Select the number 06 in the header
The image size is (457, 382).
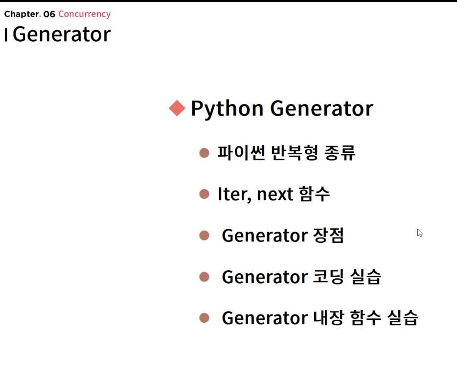coord(49,14)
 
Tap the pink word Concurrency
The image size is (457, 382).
coord(84,14)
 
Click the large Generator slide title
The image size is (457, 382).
coord(62,35)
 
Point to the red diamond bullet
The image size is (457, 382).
coord(177,108)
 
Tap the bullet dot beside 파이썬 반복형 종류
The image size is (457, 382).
coord(204,153)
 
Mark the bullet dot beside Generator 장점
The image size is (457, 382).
coord(204,236)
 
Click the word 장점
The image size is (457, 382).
coord(328,236)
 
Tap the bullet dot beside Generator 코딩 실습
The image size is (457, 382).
coord(204,277)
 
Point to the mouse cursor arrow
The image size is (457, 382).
coord(419,233)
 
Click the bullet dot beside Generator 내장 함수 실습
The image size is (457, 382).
coord(204,318)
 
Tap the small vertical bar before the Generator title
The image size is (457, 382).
coord(6,35)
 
